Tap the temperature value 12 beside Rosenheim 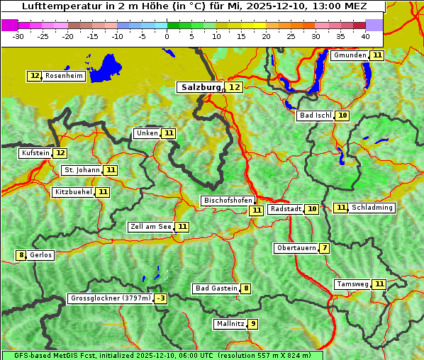[35, 76]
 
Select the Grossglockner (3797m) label [111, 298]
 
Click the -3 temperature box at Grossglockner [161, 298]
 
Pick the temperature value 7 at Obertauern [324, 248]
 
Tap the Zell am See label [151, 227]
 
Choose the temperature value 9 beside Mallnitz [253, 324]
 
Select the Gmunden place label [350, 55]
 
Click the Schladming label [373, 208]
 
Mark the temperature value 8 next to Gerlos [21, 255]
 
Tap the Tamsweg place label [352, 284]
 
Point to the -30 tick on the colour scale [18, 36]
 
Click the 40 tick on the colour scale [365, 36]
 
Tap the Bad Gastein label [216, 288]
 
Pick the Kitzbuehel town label [74, 192]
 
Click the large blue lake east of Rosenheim [106, 67]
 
